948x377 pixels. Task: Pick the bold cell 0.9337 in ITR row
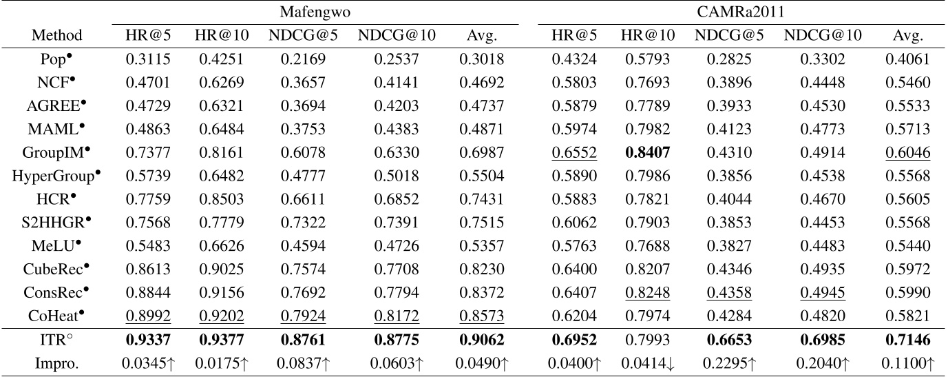(148, 340)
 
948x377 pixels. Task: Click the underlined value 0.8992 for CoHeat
(148, 316)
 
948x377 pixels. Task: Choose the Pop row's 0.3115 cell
(148, 59)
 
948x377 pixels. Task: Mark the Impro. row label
(57, 363)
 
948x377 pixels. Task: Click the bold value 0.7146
(907, 340)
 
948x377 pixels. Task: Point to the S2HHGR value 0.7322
(304, 223)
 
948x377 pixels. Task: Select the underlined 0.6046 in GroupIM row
(907, 152)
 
